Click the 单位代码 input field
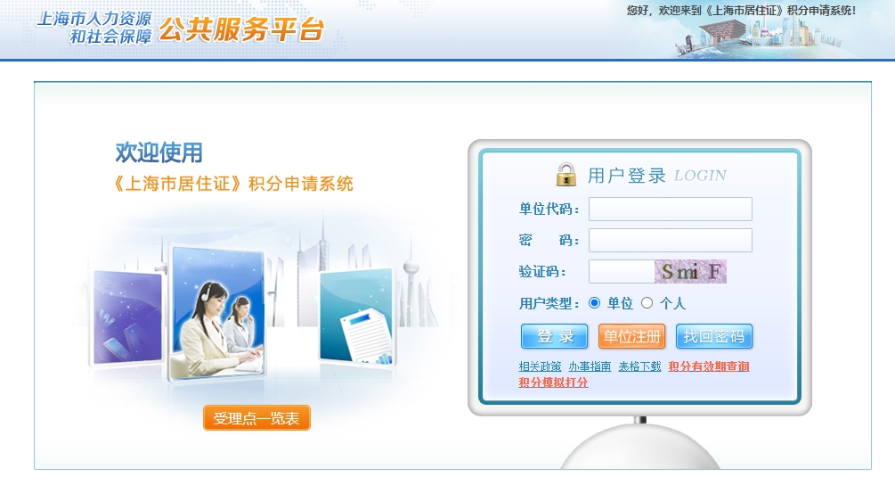[670, 210]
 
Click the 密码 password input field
[670, 241]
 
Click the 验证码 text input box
[622, 272]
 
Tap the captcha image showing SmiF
[691, 272]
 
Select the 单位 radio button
[594, 303]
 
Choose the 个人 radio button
[647, 303]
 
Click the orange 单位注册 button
[632, 336]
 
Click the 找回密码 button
[714, 336]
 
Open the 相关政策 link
[540, 366]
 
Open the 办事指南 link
[590, 366]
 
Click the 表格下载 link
[639, 366]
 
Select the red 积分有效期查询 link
[708, 366]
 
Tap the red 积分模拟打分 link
[553, 382]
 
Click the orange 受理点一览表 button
[256, 418]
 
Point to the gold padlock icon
[566, 174]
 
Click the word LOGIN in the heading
[700, 176]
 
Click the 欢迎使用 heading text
[159, 152]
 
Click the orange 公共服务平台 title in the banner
[241, 29]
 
